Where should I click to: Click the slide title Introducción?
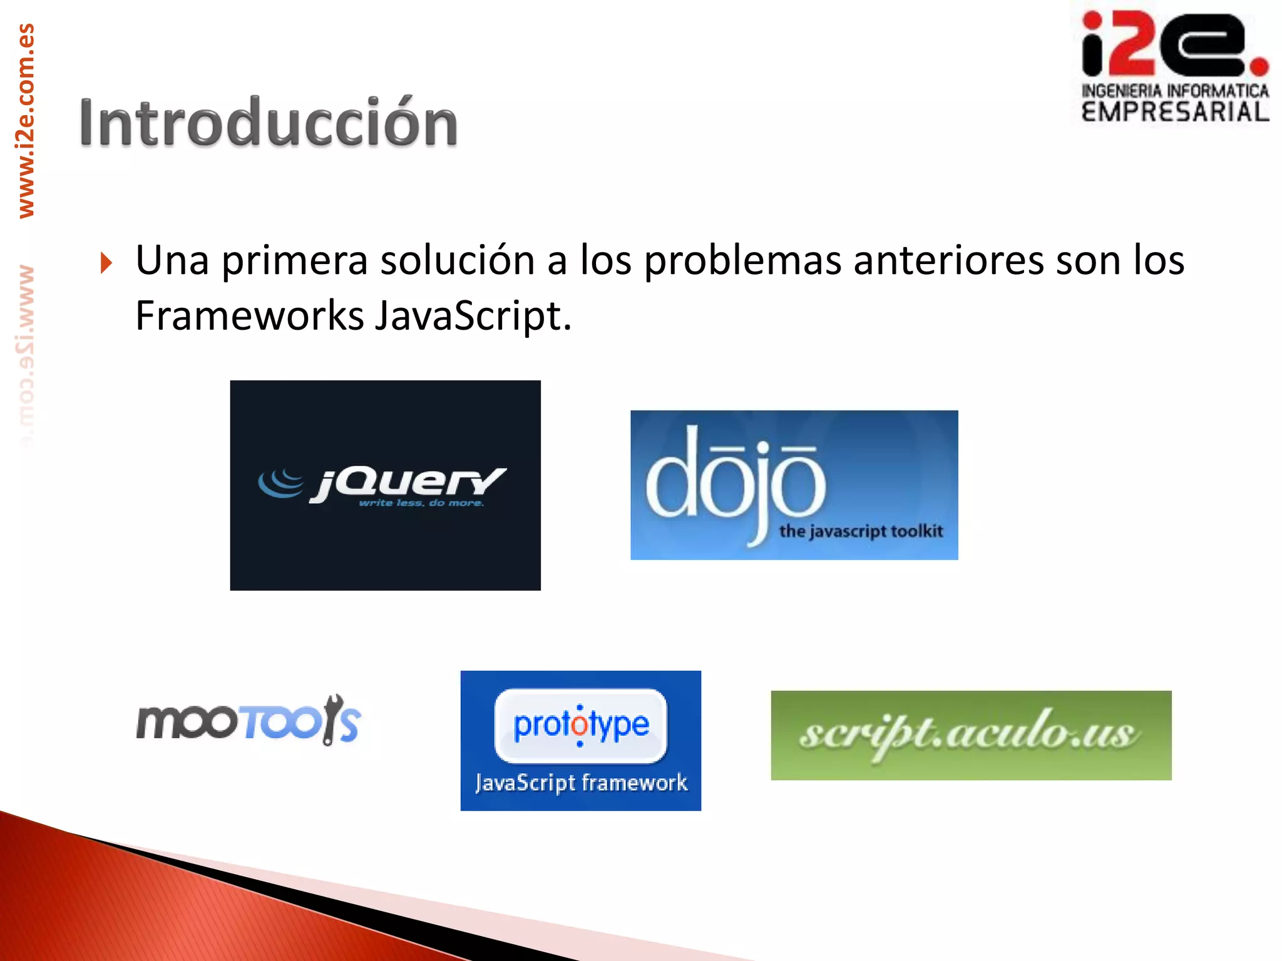pos(268,123)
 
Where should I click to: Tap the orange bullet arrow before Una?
pos(106,263)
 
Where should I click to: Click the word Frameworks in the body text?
pos(249,315)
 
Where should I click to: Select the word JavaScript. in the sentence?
pos(473,315)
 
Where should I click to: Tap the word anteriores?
pos(948,260)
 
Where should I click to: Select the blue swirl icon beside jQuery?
pos(280,483)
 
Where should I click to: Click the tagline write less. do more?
pos(421,503)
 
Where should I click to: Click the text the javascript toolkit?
pos(861,532)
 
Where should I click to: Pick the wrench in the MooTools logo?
pos(331,719)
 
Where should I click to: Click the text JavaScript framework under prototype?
pos(581,783)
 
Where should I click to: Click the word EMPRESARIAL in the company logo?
pos(1175,113)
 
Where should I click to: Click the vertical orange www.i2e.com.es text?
pos(26,121)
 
